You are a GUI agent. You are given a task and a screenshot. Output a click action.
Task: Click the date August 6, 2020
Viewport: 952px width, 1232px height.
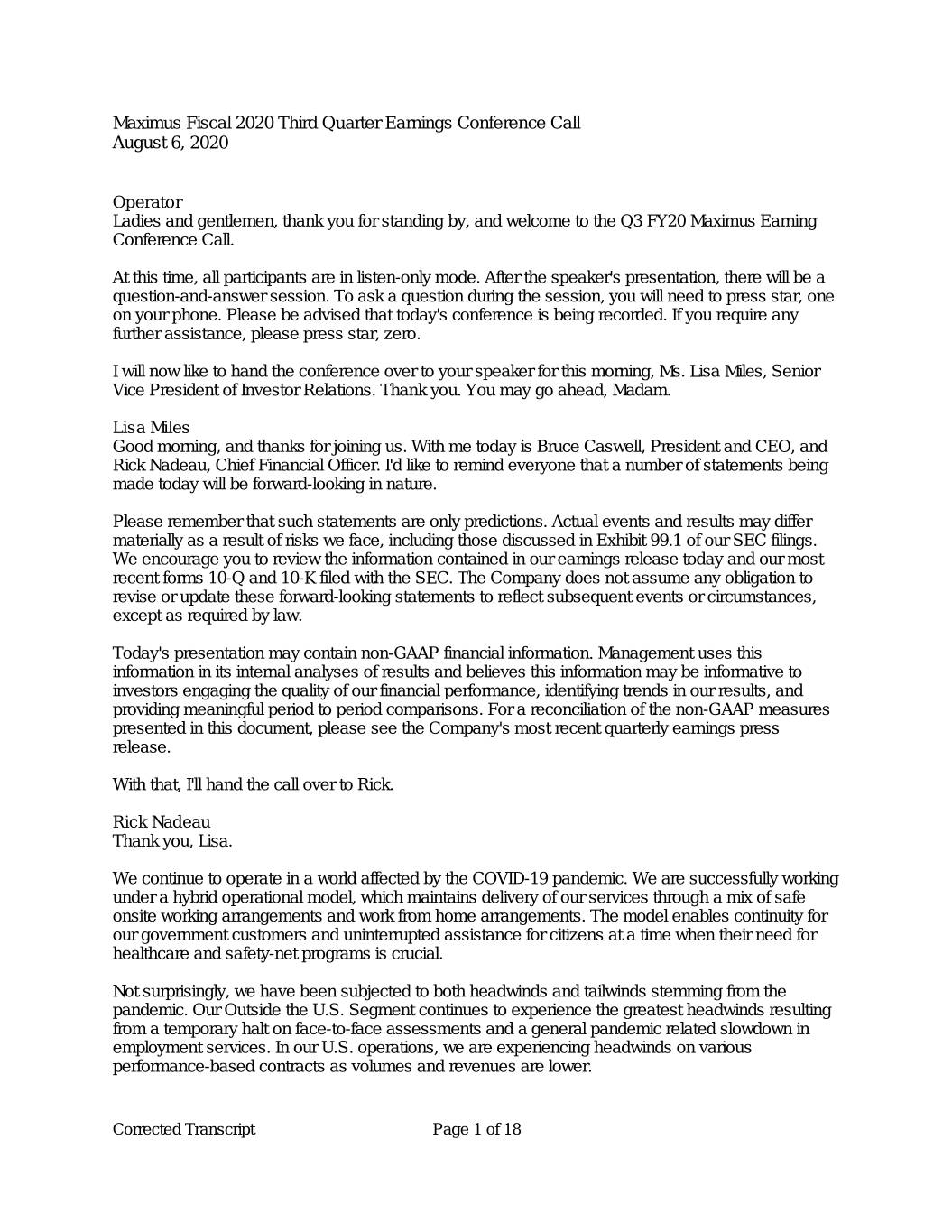pos(170,143)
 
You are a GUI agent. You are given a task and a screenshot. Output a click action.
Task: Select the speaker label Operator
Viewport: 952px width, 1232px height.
pos(147,202)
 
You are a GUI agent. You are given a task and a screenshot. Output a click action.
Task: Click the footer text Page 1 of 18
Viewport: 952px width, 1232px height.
pos(476,1130)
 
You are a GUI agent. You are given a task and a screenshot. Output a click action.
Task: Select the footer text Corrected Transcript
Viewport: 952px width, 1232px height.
pos(183,1130)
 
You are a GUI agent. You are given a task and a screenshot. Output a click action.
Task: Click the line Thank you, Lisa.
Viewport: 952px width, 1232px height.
pos(171,841)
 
